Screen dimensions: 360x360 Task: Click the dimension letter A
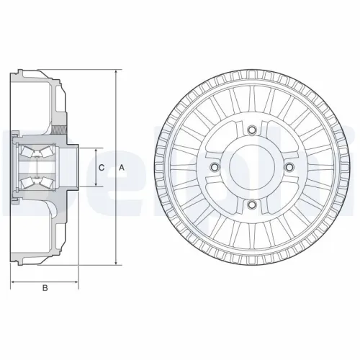coord(122,168)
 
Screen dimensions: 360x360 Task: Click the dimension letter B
coord(45,289)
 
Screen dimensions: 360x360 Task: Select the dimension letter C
coord(102,168)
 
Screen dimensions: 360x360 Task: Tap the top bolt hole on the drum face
coord(251,130)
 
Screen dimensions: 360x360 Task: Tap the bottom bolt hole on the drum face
coord(251,204)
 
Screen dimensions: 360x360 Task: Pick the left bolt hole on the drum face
coord(214,167)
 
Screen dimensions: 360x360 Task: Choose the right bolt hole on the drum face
coord(288,167)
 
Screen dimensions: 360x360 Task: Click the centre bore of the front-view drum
coord(251,167)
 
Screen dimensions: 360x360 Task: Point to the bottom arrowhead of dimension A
coord(115,263)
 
